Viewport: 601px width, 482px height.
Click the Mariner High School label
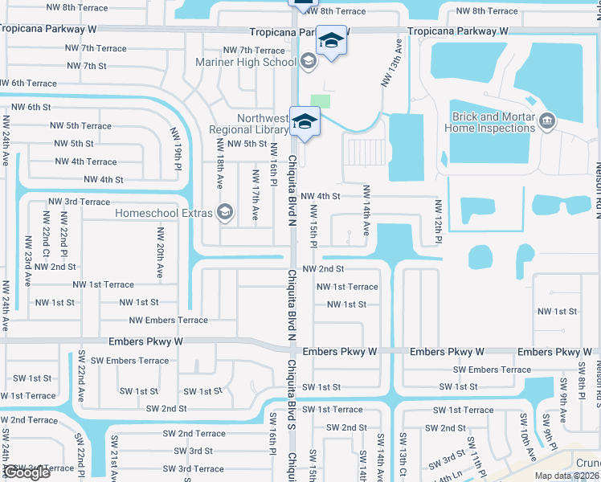tap(246, 62)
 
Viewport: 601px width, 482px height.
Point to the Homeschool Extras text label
tap(163, 213)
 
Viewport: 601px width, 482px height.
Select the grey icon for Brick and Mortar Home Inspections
tap(548, 121)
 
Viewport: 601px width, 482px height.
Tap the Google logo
tap(26, 472)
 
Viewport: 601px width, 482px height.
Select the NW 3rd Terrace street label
tap(79, 202)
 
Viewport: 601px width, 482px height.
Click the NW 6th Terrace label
tap(29, 84)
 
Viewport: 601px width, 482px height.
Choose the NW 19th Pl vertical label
tap(176, 149)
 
